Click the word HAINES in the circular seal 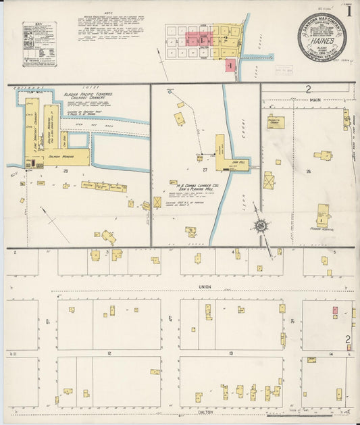[320, 39]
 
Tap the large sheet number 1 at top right [349, 11]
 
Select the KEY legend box [39, 44]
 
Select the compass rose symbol [261, 226]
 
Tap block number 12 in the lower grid [108, 353]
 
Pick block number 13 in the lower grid [231, 353]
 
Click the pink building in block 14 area [334, 310]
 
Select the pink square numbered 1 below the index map [231, 65]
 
